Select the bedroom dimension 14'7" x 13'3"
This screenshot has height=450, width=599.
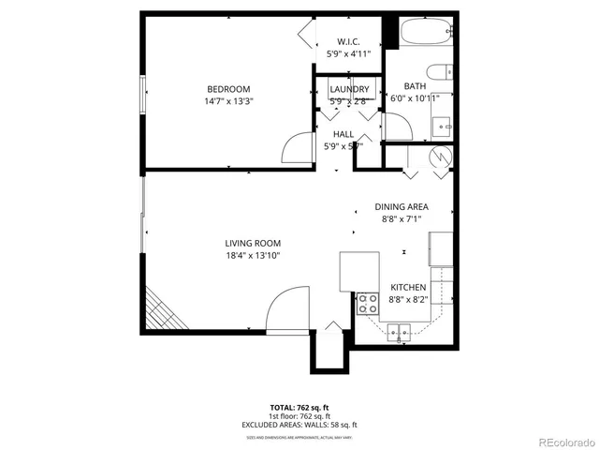229,101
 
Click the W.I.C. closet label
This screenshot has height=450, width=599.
349,42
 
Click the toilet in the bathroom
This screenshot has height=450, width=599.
439,72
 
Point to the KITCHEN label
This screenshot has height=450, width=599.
408,288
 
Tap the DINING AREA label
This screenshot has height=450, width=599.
402,207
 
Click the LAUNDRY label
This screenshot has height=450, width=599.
349,90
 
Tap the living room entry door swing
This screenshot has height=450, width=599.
285,308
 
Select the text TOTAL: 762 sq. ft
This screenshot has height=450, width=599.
299,407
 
